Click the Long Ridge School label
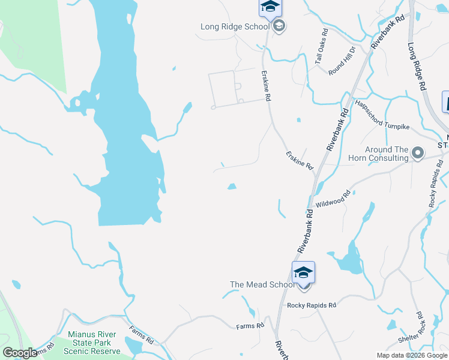(235, 26)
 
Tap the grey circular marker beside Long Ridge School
(279, 26)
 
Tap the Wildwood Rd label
(333, 199)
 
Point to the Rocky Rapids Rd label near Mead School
(312, 305)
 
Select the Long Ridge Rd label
(416, 65)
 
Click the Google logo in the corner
(20, 353)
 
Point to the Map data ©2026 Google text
(411, 355)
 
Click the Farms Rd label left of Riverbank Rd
(250, 326)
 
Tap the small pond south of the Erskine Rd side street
(232, 187)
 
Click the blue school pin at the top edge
(270, 7)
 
